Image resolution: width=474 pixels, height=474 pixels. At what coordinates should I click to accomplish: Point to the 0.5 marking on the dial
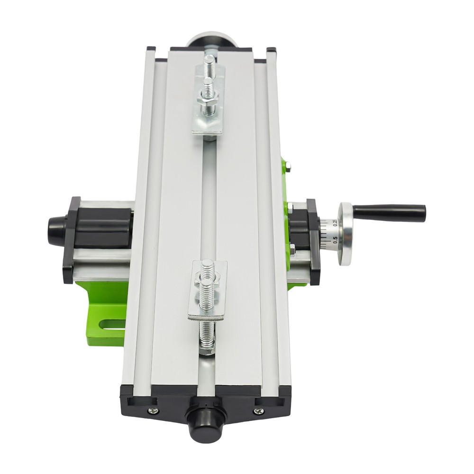click(336, 238)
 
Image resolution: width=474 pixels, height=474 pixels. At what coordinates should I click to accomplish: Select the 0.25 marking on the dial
click(335, 223)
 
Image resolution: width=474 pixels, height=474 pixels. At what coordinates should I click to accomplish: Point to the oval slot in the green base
click(109, 325)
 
